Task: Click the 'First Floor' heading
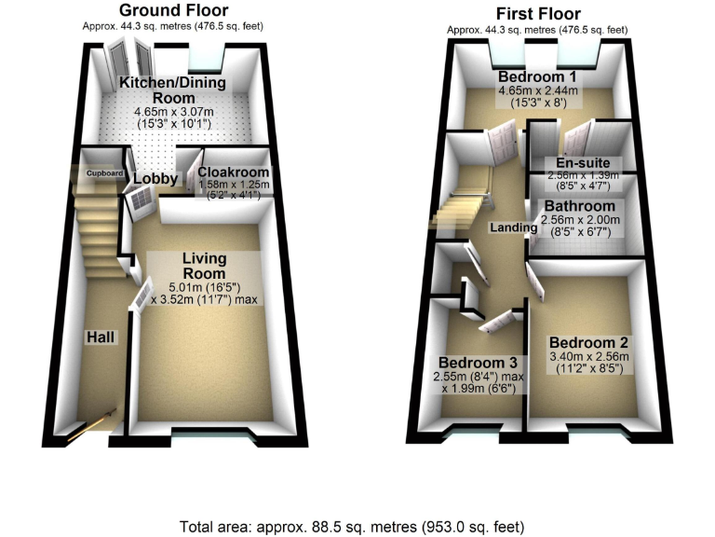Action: (539, 13)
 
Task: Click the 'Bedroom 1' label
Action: (538, 76)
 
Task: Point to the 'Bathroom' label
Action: (579, 206)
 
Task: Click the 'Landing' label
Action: (514, 227)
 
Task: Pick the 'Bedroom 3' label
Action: (479, 363)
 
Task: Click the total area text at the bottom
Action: (357, 525)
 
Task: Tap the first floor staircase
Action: (458, 207)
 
